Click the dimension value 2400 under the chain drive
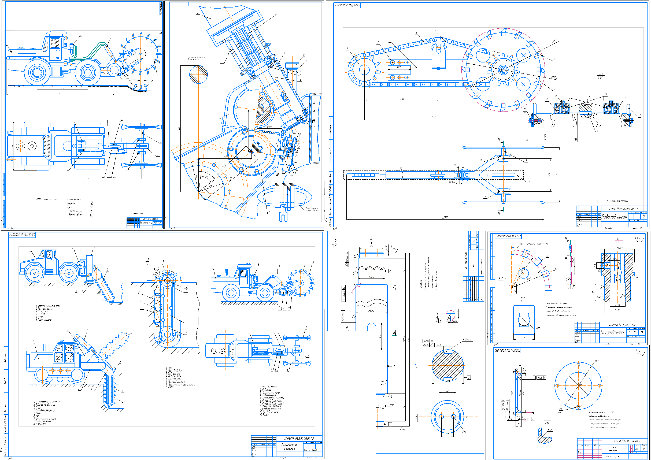tap(434, 117)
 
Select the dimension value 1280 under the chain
tap(401, 99)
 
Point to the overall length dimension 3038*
tap(445, 217)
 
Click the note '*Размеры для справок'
tap(617, 201)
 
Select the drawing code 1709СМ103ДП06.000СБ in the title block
tap(623, 209)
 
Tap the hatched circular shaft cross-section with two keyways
tap(448, 366)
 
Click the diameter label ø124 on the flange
tap(597, 361)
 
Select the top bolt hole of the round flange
tap(578, 365)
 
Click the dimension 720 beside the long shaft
tap(408, 339)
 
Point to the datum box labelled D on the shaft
tap(390, 271)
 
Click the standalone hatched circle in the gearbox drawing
tap(198, 74)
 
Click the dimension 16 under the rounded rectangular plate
tap(524, 337)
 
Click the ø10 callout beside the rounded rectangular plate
tap(538, 328)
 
